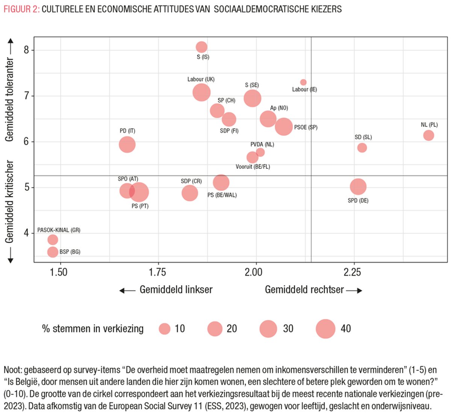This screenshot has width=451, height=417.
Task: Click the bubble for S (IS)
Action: pos(201,47)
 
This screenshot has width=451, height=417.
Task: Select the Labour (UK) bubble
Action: pos(201,92)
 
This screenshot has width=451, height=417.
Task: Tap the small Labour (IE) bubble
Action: pos(303,82)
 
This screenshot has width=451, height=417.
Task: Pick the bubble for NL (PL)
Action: pos(428,135)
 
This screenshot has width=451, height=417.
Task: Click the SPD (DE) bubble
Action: pos(358,187)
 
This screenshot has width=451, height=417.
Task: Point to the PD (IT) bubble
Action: pos(127,144)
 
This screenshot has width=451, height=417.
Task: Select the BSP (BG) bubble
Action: pos(53,252)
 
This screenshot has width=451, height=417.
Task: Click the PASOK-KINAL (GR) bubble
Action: pos(53,240)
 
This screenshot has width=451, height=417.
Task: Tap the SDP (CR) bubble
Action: pos(190,193)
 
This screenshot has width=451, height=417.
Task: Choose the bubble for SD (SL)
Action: pos(362,148)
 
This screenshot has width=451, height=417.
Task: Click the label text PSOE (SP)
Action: pos(306,127)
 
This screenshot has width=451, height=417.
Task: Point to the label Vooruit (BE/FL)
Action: pos(253,167)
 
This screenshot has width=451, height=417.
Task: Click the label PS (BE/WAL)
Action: pos(222,195)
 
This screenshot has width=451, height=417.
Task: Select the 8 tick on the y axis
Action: pos(26,50)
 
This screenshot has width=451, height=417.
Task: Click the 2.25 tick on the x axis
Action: pos(352,272)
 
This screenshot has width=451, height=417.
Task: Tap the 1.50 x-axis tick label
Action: pos(58,272)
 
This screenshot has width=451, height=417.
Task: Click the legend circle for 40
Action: pos(325,329)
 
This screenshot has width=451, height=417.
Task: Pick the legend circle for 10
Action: pos(165,329)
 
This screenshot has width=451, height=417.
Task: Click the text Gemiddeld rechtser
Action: pos(304,290)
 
